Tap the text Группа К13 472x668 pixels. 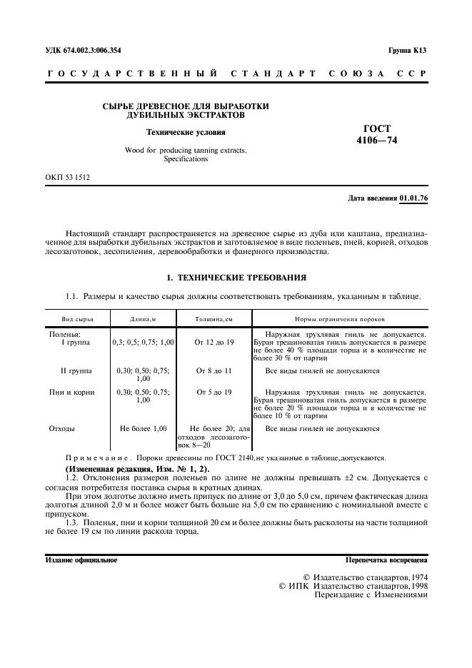(x=408, y=51)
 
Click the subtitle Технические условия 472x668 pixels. (x=186, y=131)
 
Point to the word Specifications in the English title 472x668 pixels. (x=186, y=159)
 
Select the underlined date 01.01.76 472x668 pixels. (x=413, y=198)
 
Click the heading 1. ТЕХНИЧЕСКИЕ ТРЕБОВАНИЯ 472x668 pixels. (x=236, y=276)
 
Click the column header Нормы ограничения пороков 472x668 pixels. (x=340, y=320)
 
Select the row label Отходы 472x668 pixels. (x=62, y=428)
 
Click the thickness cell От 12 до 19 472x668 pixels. (x=214, y=343)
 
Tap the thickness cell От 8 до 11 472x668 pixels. (x=214, y=371)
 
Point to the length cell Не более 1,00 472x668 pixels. (x=143, y=428)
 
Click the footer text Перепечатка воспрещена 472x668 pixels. (x=386, y=560)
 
